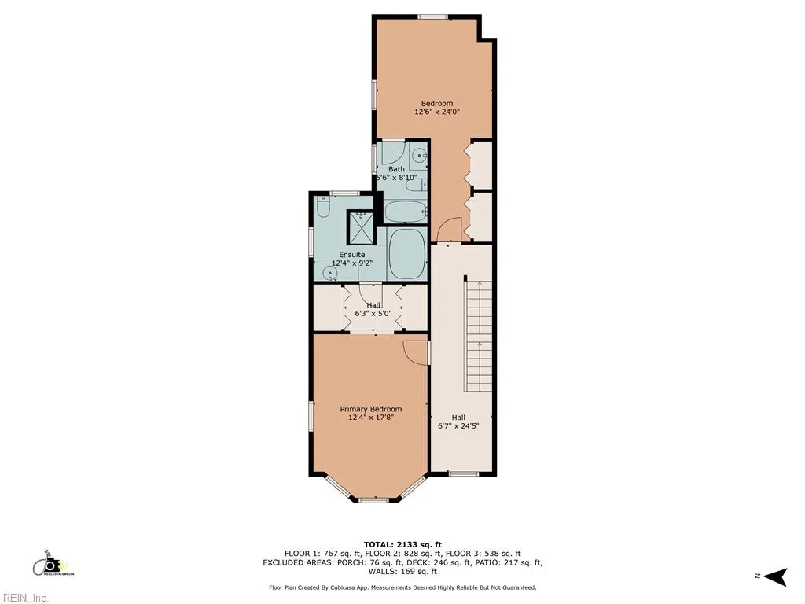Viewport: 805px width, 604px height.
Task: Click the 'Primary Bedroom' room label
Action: (x=370, y=409)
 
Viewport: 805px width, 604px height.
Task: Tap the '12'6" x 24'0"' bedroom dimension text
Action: (x=436, y=112)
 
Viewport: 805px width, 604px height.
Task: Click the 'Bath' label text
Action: (x=396, y=169)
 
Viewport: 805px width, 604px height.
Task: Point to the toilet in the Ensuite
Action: (x=323, y=208)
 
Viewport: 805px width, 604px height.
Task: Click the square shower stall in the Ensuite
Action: (x=362, y=226)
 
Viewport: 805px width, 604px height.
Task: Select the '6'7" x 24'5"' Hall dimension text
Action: (x=458, y=427)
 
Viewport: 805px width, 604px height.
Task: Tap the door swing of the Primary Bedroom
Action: (x=415, y=351)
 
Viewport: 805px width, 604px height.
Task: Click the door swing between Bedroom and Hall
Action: (x=448, y=230)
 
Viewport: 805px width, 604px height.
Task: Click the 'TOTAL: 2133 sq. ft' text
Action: (x=402, y=544)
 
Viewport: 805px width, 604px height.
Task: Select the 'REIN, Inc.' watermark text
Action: (x=24, y=598)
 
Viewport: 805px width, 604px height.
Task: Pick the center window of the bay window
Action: (x=374, y=499)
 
